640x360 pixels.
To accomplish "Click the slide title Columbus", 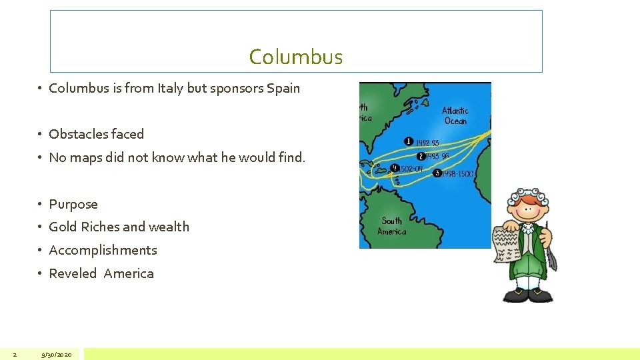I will [295, 57].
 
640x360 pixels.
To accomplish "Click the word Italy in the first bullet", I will [171, 88].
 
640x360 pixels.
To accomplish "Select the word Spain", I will [283, 88].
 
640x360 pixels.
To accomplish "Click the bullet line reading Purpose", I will [73, 204].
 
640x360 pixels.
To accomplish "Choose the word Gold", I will [63, 227].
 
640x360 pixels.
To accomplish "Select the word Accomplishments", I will [103, 250].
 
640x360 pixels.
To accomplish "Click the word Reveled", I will [73, 273].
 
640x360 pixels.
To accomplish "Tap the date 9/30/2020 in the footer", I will [56, 355].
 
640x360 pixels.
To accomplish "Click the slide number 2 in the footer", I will [15, 355].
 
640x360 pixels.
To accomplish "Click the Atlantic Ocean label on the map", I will [455, 115].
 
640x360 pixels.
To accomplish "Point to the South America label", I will [391, 226].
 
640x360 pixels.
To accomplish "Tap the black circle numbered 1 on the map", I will [409, 141].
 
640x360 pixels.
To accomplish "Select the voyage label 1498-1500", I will [457, 173].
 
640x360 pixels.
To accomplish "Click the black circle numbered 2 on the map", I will [421, 156].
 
